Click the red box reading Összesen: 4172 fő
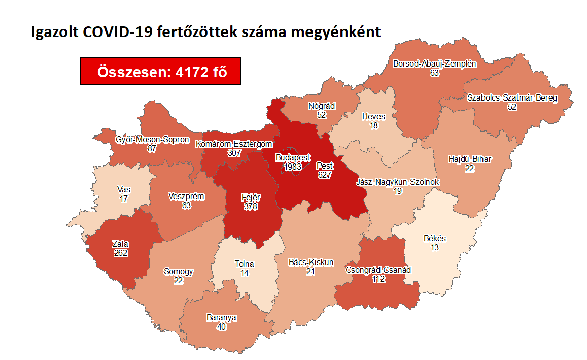[160, 72]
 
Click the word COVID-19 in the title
[116, 32]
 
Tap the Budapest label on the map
[293, 158]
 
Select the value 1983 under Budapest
[293, 166]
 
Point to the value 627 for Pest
[324, 174]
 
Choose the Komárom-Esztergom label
[234, 144]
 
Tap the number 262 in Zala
[120, 252]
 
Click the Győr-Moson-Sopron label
[152, 140]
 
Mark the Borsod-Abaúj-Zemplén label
[434, 64]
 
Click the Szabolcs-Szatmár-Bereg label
[512, 97]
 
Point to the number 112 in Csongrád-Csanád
[377, 278]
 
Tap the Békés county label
[434, 239]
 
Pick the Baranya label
[221, 318]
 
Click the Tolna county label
[244, 264]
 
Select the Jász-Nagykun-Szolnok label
[398, 182]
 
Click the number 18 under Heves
[373, 125]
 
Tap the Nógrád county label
[322, 106]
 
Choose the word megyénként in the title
[335, 32]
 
